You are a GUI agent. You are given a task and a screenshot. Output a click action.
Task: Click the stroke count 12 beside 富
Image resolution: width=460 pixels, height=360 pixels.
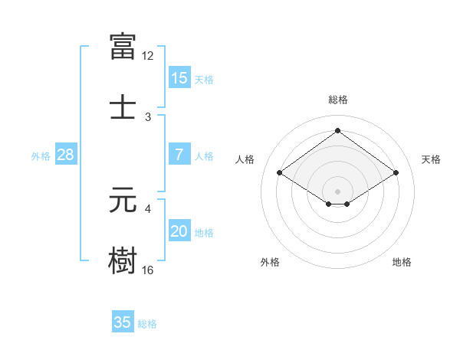(x=148, y=56)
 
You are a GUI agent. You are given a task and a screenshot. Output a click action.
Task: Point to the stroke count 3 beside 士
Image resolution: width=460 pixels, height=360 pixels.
(x=149, y=116)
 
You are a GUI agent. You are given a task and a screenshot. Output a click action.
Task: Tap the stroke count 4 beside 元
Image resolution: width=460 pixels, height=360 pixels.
(x=149, y=208)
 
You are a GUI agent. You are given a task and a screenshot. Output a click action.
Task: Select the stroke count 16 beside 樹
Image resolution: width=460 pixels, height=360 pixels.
(x=148, y=270)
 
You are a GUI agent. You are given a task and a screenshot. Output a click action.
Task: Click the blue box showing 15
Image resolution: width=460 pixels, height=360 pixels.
(x=179, y=78)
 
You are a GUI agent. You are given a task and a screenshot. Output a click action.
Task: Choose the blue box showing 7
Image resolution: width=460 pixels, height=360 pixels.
(x=179, y=155)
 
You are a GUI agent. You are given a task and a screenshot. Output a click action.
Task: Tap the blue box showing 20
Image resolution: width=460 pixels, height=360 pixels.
(x=179, y=231)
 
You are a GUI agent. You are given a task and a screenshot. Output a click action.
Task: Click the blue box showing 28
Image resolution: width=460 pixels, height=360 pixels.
(x=66, y=155)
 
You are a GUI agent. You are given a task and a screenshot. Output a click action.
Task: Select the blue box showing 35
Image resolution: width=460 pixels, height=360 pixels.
(x=123, y=322)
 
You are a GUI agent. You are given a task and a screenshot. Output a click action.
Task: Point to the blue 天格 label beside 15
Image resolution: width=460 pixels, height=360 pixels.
(x=204, y=80)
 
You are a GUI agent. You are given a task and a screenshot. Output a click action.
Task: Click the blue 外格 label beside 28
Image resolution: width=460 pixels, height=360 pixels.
(x=41, y=156)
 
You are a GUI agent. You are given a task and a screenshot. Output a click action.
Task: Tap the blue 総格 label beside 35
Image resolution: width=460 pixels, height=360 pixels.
(x=148, y=324)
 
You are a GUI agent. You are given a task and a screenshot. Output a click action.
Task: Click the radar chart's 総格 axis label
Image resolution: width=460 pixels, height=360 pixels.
(x=338, y=100)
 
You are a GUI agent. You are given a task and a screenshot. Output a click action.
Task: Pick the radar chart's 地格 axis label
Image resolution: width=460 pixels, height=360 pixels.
(x=402, y=262)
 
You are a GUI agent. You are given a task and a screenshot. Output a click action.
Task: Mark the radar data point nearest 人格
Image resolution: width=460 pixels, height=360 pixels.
(x=280, y=173)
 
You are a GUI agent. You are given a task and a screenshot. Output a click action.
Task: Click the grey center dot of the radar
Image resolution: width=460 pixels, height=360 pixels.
(x=338, y=191)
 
